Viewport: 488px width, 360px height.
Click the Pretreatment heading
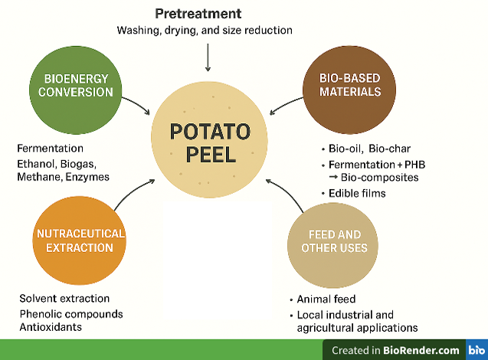pos(198,14)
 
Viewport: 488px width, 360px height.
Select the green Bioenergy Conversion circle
pos(76,90)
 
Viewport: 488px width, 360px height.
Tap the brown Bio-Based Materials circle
pos(349,90)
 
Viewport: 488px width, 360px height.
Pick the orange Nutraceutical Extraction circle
pos(80,241)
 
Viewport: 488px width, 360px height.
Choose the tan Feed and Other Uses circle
pos(332,245)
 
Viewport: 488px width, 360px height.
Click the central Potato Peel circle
pos(209,139)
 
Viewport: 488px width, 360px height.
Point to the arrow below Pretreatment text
pos(208,57)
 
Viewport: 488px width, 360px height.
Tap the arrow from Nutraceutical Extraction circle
pos(133,192)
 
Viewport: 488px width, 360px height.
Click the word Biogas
pos(78,164)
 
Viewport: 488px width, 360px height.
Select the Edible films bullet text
pos(357,194)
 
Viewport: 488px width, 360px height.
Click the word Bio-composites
pos(380,178)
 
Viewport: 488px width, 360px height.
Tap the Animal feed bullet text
pos(326,299)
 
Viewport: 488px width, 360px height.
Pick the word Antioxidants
pos(51,327)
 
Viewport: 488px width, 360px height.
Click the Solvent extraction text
pos(64,299)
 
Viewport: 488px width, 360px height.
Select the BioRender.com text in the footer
pos(421,350)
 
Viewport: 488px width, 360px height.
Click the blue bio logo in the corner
pos(477,350)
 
